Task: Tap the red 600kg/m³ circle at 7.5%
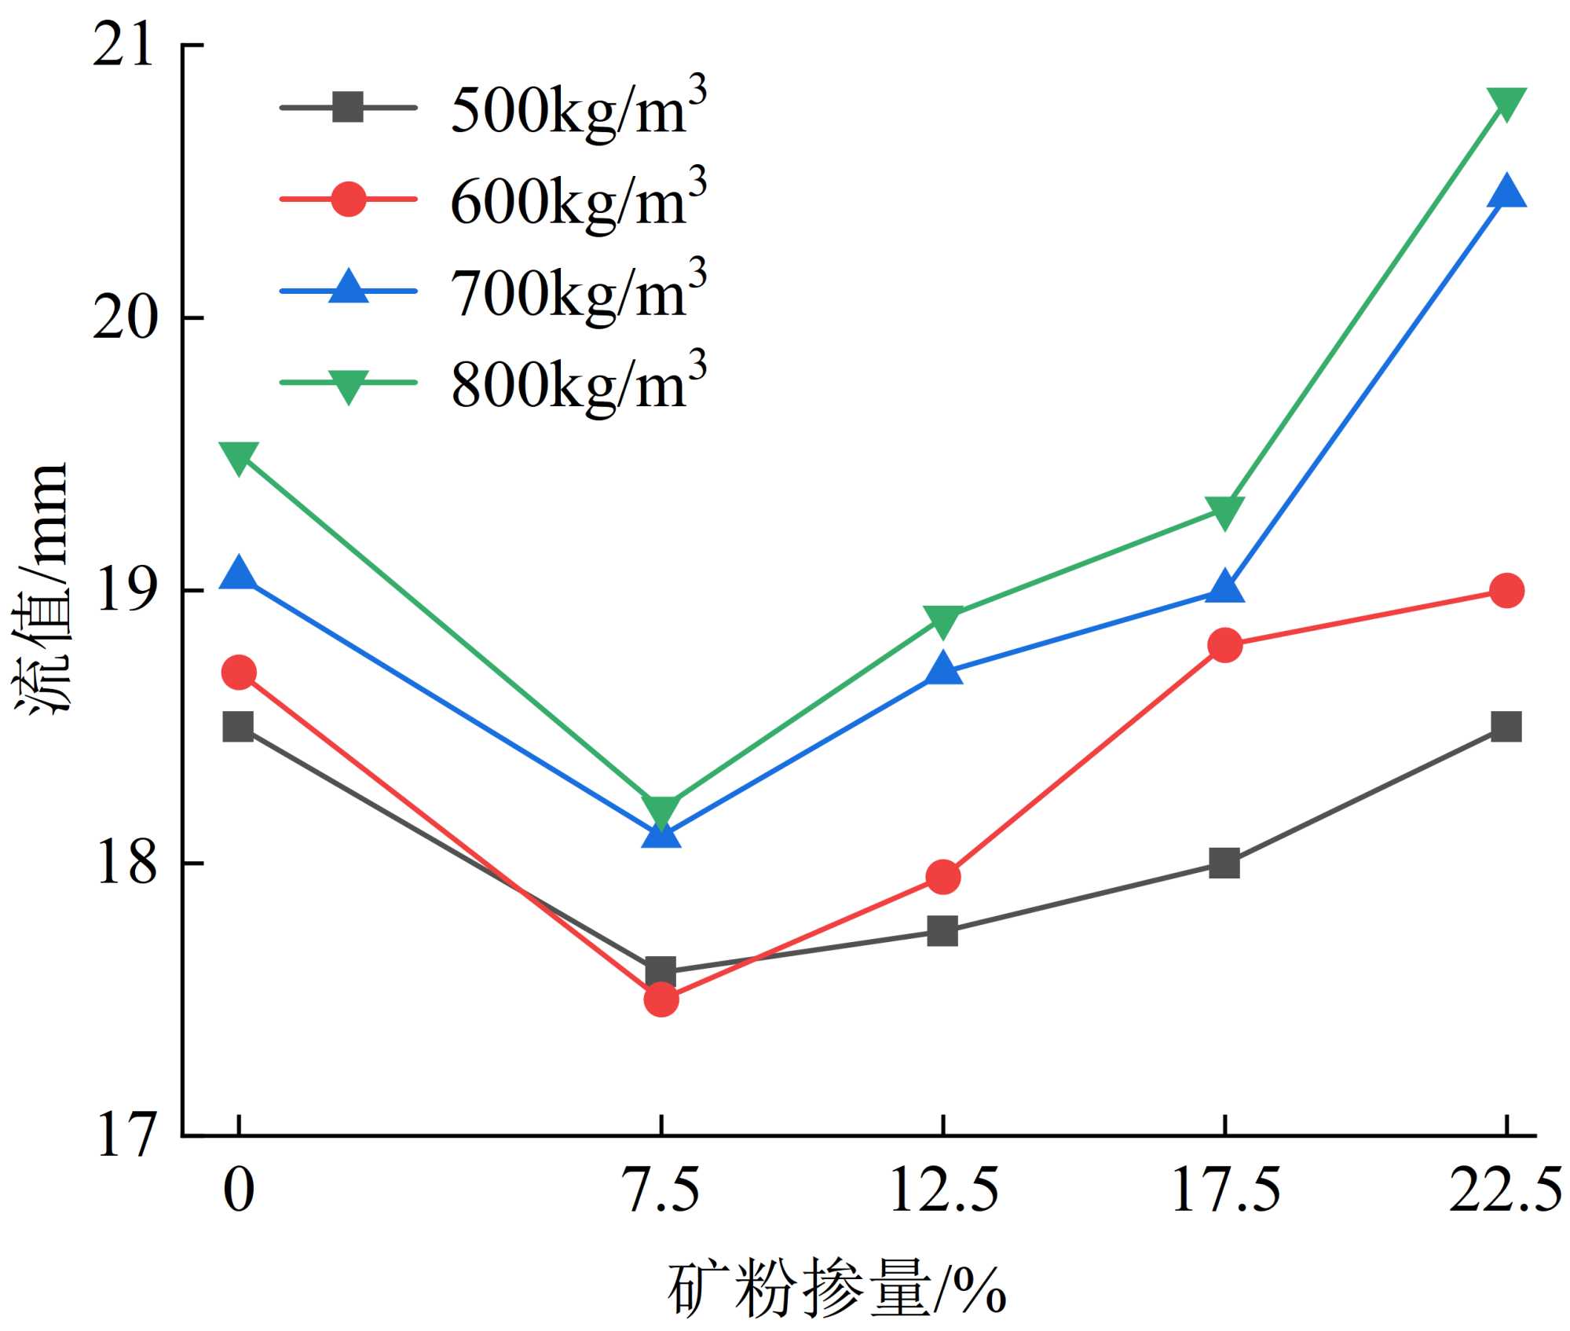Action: pos(661,999)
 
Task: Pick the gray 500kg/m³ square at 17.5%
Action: pos(1224,863)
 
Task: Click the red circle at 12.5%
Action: pos(942,877)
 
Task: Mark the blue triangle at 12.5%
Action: pos(942,669)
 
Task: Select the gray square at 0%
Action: pos(239,727)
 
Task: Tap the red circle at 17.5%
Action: pos(1224,645)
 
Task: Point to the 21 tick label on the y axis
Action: pos(123,47)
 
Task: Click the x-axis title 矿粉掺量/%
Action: pos(836,1290)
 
